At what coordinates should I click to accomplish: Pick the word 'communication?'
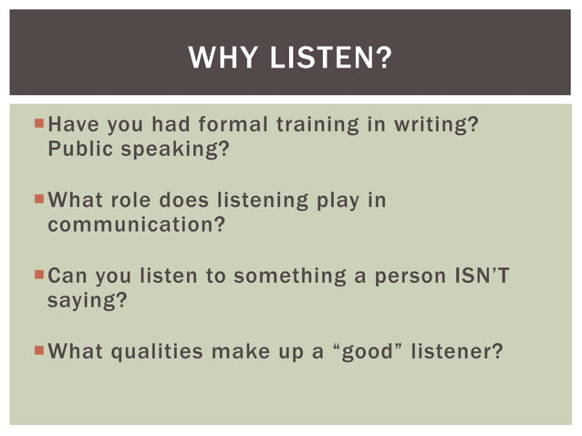[136, 224]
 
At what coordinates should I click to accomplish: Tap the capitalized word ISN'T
[480, 275]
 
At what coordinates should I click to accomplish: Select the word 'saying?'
[87, 300]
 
